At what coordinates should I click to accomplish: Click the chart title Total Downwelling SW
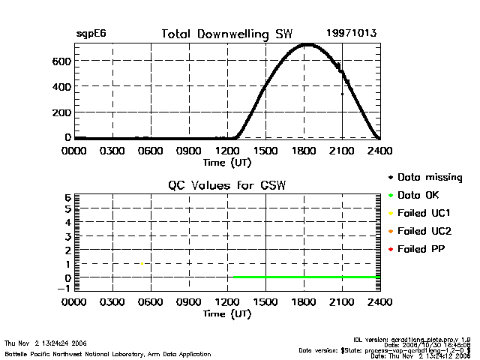click(227, 34)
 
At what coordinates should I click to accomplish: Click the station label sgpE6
click(91, 34)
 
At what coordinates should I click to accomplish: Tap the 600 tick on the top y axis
click(62, 61)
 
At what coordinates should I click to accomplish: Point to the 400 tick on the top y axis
click(62, 86)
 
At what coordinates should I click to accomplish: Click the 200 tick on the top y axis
click(62, 112)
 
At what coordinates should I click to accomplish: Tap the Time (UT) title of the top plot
click(227, 161)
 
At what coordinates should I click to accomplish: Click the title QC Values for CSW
click(227, 184)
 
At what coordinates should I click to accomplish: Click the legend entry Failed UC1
click(424, 213)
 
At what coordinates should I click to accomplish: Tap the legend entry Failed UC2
click(424, 231)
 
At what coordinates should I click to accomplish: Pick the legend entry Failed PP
click(422, 249)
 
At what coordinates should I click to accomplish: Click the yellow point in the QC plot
click(142, 263)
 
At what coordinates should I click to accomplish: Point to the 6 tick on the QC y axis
click(67, 197)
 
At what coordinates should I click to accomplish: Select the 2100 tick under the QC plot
click(342, 303)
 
